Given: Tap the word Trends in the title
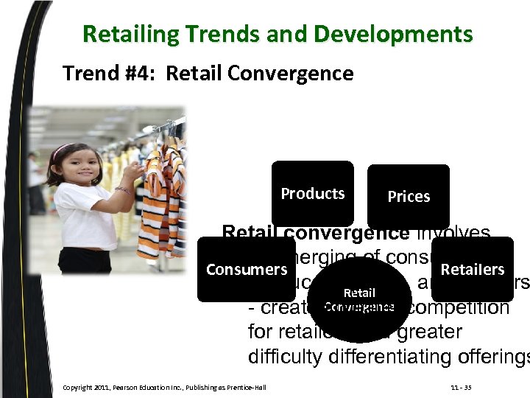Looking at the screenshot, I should tap(211, 35).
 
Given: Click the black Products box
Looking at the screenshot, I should tap(312, 194).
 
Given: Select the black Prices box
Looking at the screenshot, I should tap(409, 196).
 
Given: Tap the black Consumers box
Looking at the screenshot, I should tap(246, 269).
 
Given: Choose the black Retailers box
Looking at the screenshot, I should tap(473, 269).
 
